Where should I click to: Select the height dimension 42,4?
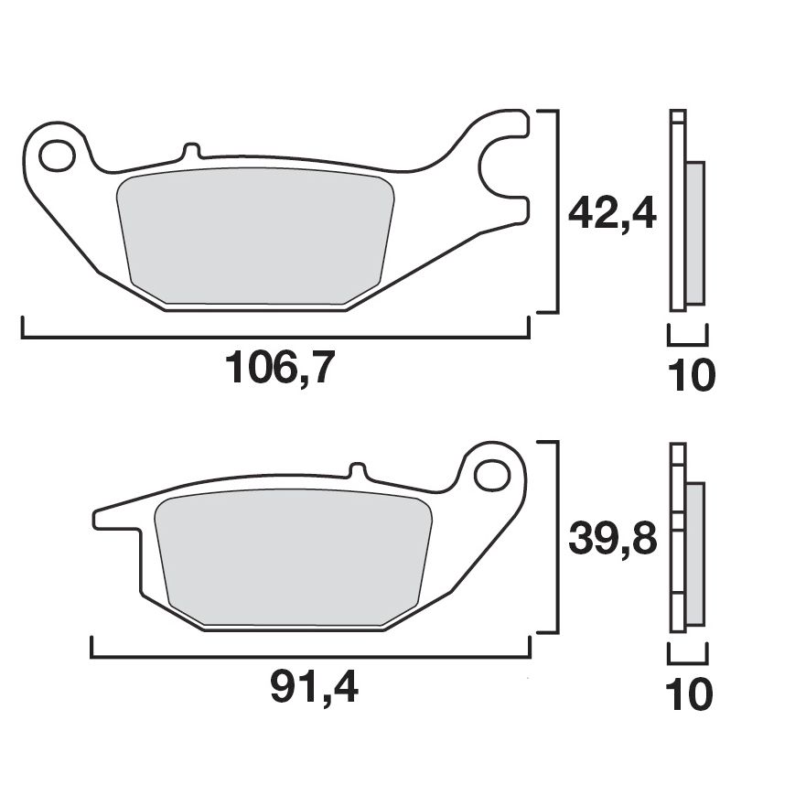pos(612,216)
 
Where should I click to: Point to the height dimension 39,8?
pos(612,541)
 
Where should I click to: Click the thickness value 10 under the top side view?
pos(689,376)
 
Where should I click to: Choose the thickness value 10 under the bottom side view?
pos(689,695)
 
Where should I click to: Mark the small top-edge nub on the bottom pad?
pos(359,471)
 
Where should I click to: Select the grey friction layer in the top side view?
pos(695,232)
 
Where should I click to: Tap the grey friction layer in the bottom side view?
pos(695,553)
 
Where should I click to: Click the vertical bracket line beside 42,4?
pos(555,210)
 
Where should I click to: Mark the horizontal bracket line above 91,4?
pos(311,656)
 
